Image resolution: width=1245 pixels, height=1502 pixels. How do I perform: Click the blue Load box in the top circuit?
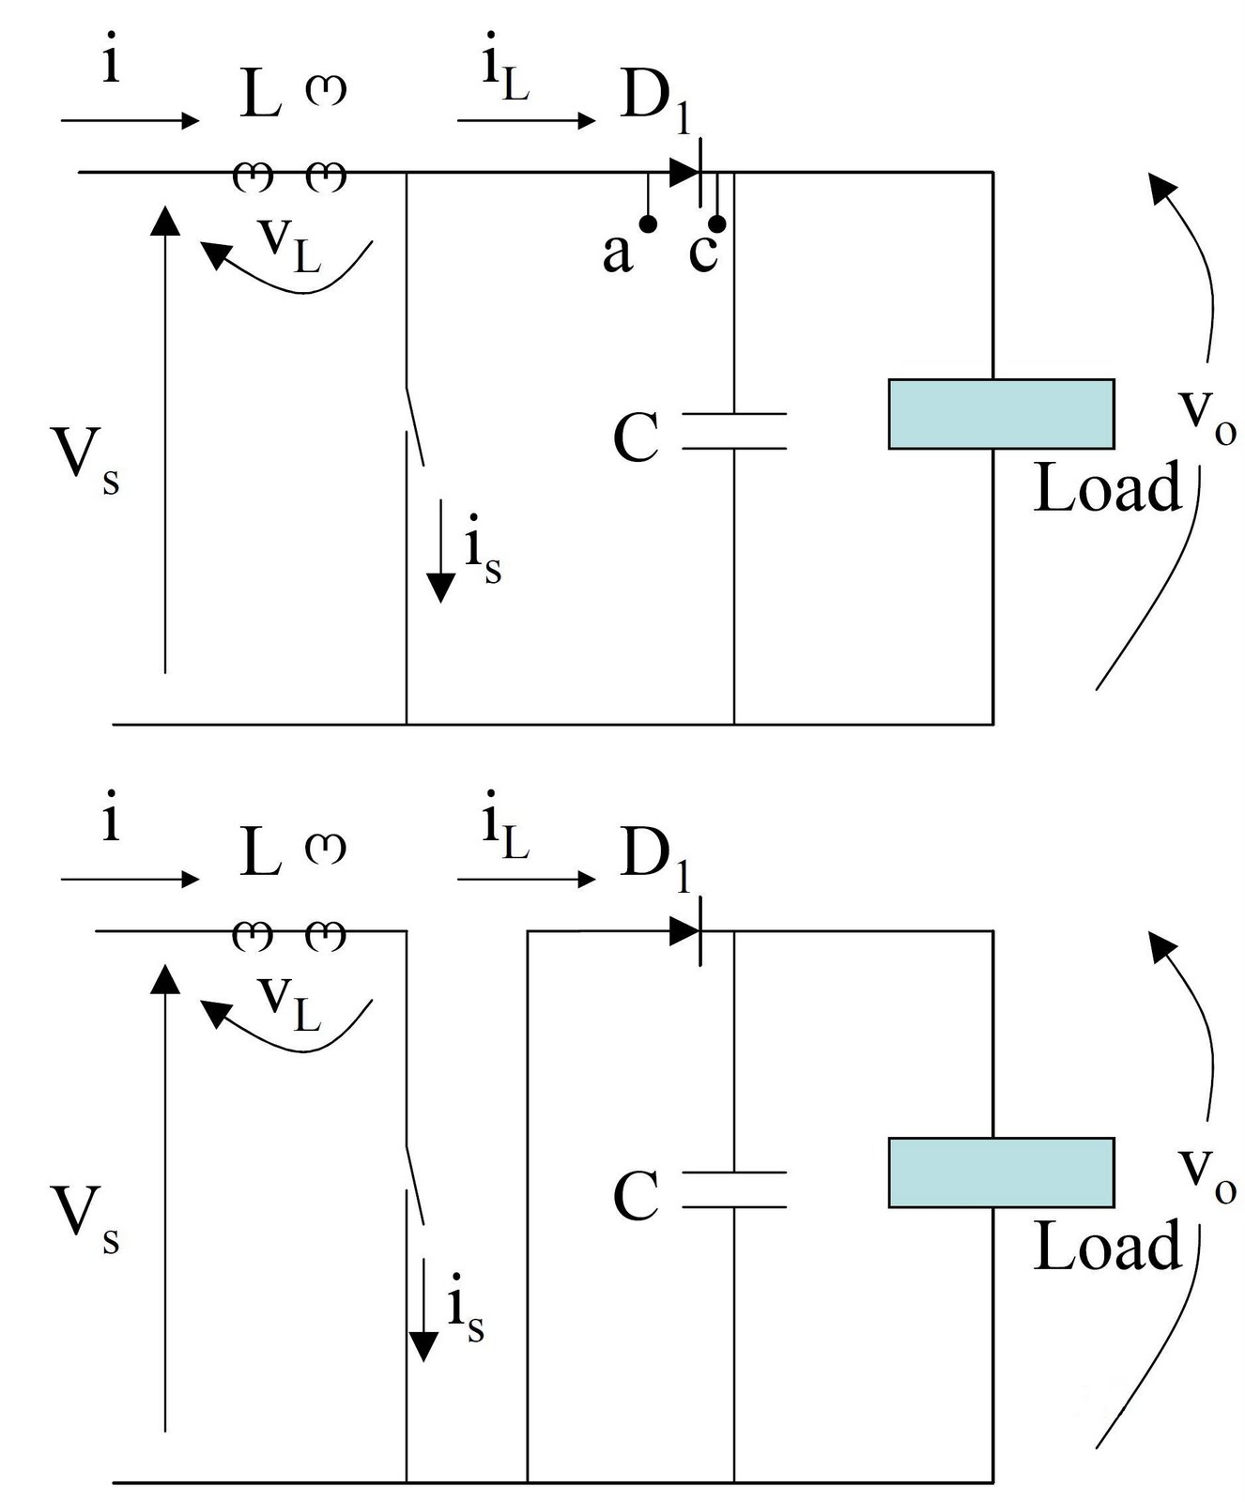[x=1001, y=414]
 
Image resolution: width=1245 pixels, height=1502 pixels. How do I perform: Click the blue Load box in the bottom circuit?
[x=1001, y=1172]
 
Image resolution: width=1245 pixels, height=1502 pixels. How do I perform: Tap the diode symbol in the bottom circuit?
[x=686, y=931]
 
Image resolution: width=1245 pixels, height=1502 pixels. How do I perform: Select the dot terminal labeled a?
[x=648, y=223]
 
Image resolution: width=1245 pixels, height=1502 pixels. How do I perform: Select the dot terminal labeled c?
[x=716, y=223]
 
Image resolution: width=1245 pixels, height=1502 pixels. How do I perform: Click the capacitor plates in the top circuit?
[x=734, y=431]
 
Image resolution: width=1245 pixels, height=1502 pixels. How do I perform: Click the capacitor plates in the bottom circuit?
[x=734, y=1189]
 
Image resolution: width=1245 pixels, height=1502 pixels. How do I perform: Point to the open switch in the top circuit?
[x=414, y=427]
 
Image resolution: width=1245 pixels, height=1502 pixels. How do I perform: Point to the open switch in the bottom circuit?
[x=414, y=1186]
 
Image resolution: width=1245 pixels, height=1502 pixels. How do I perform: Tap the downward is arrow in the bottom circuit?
[x=424, y=1310]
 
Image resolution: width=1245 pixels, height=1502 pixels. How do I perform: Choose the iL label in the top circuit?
[x=505, y=75]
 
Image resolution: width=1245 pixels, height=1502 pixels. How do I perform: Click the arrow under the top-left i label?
[x=130, y=120]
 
